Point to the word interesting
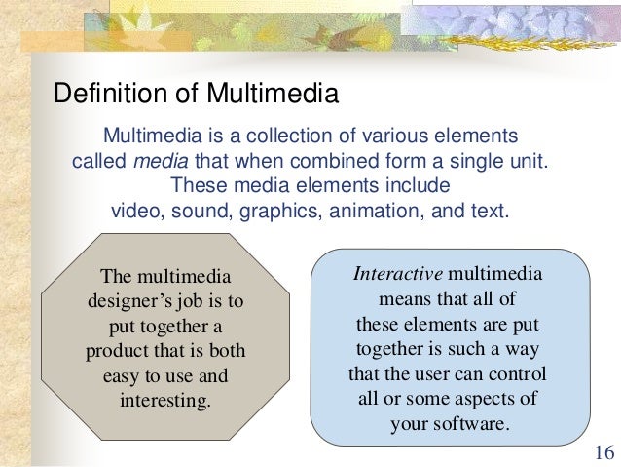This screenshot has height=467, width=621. (x=164, y=401)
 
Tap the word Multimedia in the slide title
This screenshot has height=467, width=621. (x=271, y=95)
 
